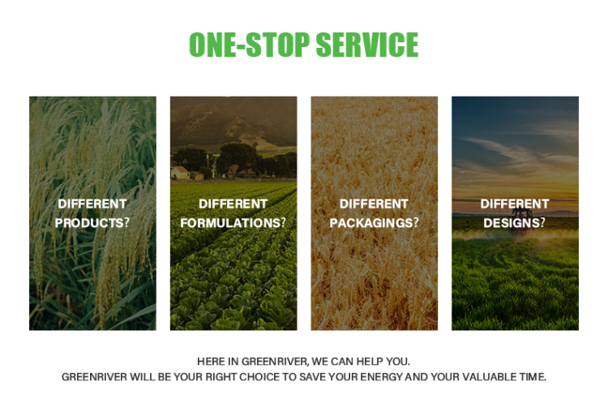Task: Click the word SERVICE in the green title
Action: [x=367, y=45]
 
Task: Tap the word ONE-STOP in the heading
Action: [x=250, y=45]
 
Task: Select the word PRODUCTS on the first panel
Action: [x=89, y=223]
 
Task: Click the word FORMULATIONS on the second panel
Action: [x=230, y=223]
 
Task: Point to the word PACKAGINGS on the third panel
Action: [x=371, y=223]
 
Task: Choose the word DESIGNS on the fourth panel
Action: [x=511, y=223]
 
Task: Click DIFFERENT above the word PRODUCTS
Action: [x=92, y=204]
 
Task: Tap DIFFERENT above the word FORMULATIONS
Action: [x=233, y=204]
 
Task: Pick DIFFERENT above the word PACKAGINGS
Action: [x=374, y=204]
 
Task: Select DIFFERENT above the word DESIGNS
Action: [x=515, y=204]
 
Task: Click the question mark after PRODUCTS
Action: [x=126, y=222]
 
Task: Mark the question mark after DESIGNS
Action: [x=542, y=222]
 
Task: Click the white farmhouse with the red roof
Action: [x=180, y=173]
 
